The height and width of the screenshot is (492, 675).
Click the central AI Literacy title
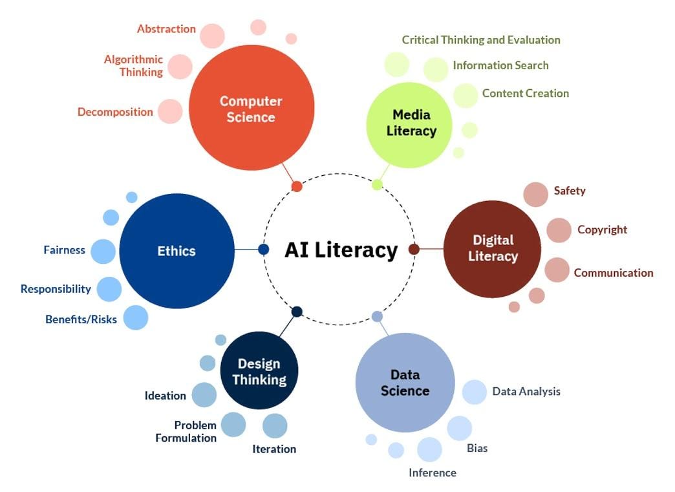coord(341,250)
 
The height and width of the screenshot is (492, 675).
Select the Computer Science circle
coord(252,107)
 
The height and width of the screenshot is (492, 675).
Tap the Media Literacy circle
coord(409,125)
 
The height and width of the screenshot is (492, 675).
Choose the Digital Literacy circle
coord(492,249)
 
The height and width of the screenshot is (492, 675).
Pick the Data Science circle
coord(405,382)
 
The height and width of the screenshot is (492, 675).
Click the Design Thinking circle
coord(259,370)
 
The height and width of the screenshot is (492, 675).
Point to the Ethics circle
coord(177,251)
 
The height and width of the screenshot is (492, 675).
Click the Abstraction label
coord(166,29)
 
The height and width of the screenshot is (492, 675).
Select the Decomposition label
coord(115,112)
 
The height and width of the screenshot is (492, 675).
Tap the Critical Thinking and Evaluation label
coord(481,40)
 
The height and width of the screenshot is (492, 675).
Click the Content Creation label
coord(525,93)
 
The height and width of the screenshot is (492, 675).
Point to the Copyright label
coord(602,230)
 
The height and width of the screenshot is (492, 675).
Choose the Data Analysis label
coord(526,392)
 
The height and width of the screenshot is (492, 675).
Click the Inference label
coord(432,473)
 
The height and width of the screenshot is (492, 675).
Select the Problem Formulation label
coord(186,432)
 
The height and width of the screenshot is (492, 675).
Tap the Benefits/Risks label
coord(81,319)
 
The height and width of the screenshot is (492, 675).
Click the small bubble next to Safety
coord(535,194)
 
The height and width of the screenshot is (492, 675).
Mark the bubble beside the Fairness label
coord(103,251)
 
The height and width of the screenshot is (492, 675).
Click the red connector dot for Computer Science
coord(297,186)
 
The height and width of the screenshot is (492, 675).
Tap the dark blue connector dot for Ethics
coord(263,249)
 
